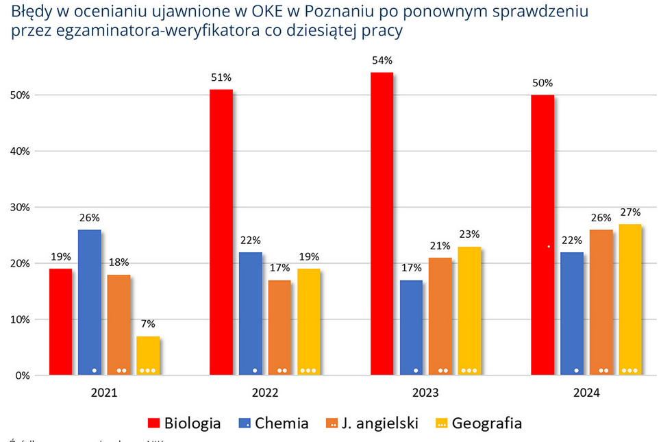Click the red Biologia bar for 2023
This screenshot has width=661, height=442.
(x=382, y=224)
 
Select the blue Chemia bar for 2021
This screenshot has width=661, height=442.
(x=89, y=302)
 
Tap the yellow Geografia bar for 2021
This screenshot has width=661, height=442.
(x=148, y=356)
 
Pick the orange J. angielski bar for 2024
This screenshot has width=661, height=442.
(x=601, y=302)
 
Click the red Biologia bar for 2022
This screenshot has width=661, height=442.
(x=221, y=232)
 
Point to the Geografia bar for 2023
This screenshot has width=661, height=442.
(x=469, y=310)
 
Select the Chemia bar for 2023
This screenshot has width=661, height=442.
(x=411, y=328)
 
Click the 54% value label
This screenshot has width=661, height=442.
(x=382, y=61)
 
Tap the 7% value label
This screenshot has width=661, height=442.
(x=148, y=324)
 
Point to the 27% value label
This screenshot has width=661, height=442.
(x=630, y=212)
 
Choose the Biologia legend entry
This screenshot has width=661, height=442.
(x=185, y=423)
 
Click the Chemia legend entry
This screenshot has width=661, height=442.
(x=273, y=423)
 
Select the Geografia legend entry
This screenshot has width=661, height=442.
(x=479, y=423)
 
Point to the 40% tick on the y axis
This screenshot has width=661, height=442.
(x=22, y=151)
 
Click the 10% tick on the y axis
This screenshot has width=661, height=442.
(x=22, y=319)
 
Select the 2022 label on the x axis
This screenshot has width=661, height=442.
(x=264, y=393)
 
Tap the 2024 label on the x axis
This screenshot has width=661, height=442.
(x=586, y=393)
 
